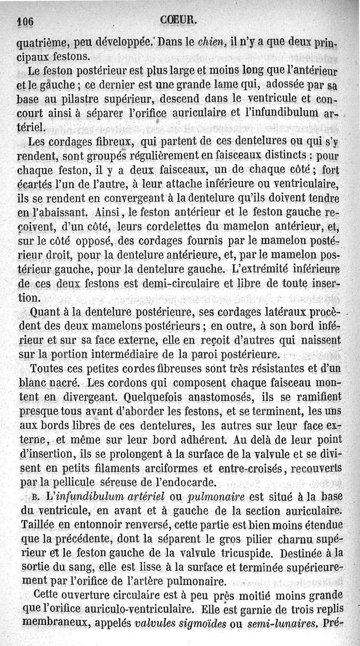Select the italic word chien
click(212, 44)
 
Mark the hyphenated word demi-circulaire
click(193, 283)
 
